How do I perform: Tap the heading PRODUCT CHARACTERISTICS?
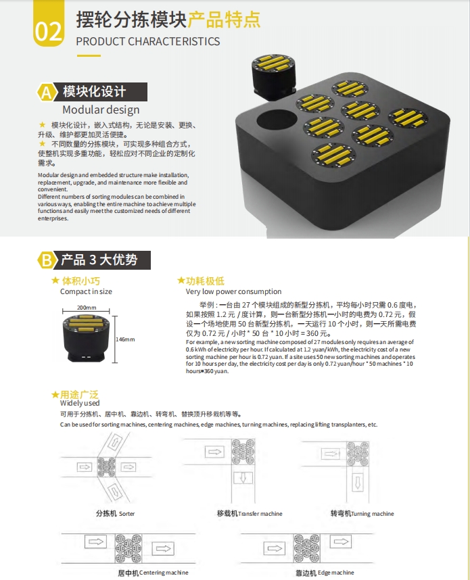tap(147, 41)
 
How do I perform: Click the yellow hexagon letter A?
tap(47, 92)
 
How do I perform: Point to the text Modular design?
tap(101, 110)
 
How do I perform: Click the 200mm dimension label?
tap(87, 308)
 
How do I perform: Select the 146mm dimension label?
tap(126, 339)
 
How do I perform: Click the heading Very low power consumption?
tap(233, 291)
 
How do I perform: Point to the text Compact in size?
tap(87, 291)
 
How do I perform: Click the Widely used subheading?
tap(80, 403)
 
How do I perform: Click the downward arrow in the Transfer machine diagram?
tap(243, 479)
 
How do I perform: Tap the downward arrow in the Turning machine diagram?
tap(358, 483)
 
